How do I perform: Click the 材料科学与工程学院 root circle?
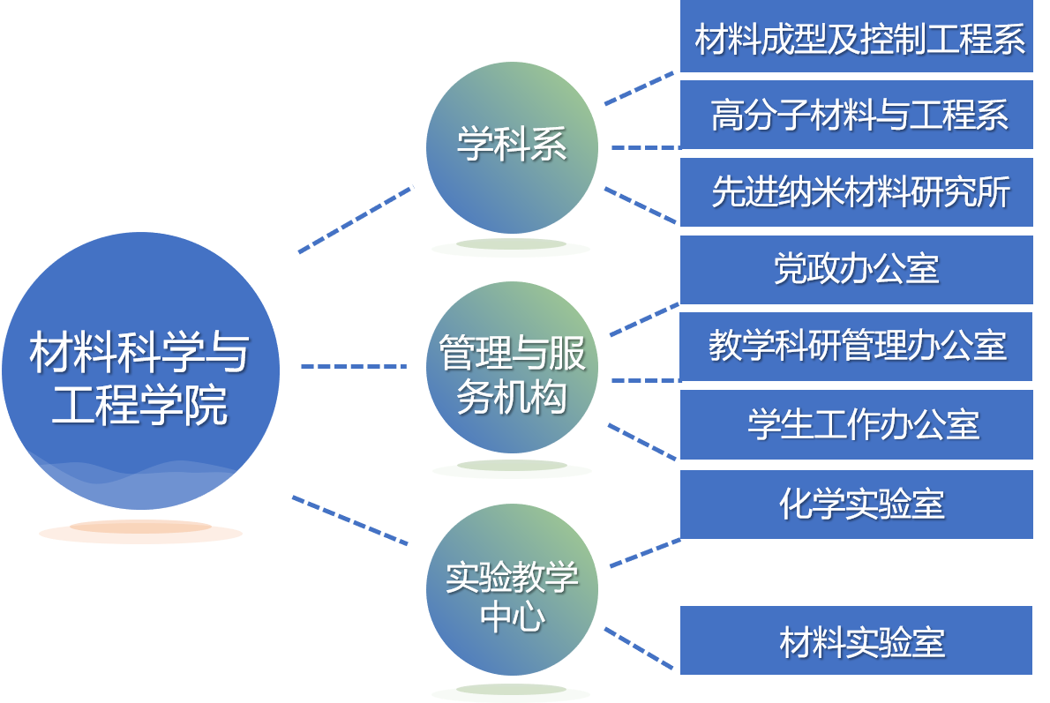click(140, 370)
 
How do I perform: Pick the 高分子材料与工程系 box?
click(856, 115)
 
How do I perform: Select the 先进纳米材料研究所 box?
click(856, 192)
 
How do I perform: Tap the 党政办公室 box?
click(856, 269)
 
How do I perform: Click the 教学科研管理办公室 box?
click(856, 346)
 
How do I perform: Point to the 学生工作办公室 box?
click(856, 424)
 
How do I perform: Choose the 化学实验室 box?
click(856, 504)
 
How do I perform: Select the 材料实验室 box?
click(856, 640)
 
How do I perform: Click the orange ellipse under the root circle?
click(140, 532)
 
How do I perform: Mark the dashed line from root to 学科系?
click(356, 219)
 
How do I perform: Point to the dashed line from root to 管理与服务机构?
click(353, 366)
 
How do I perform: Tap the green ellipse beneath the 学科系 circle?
click(511, 248)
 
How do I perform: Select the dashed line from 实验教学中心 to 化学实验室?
click(644, 552)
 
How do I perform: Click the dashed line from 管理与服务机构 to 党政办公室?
click(644, 319)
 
